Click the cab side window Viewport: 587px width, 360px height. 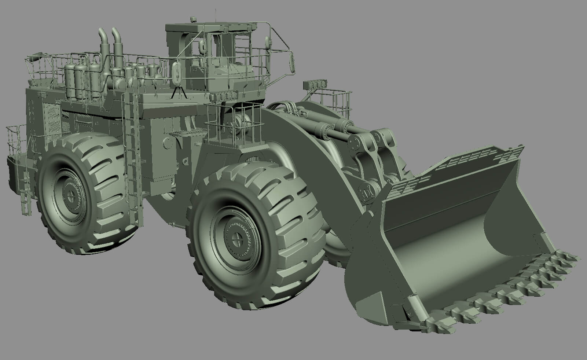224,59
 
